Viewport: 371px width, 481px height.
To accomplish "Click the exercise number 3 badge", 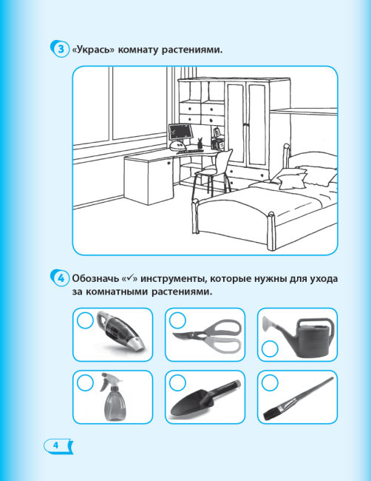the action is (60, 49).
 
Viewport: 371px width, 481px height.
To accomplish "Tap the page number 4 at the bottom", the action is (55, 445).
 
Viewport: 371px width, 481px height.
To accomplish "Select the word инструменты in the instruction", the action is (173, 278).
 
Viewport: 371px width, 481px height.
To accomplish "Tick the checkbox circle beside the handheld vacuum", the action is (85, 320).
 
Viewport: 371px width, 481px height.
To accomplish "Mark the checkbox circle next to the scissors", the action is (177, 320).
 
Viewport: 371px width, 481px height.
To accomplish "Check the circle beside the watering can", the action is (270, 349).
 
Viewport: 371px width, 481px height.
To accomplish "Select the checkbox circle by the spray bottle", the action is (85, 383).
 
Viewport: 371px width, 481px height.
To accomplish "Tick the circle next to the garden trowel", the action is (177, 383).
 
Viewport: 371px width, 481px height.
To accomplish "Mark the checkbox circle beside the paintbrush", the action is (270, 383).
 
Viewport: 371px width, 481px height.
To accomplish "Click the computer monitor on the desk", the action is (180, 132).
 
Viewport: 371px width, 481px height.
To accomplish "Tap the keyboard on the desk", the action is (190, 151).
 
